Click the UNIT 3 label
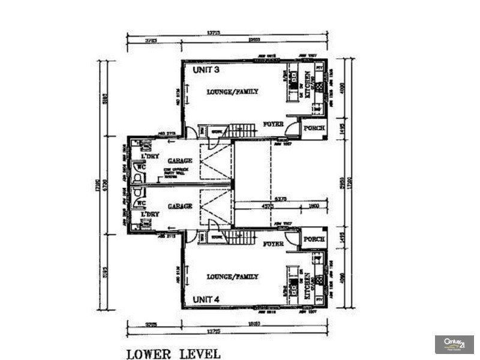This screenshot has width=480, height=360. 206,70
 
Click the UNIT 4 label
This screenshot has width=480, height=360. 206,298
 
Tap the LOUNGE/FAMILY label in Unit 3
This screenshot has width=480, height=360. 232,92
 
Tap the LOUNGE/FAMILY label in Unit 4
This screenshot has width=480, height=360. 232,277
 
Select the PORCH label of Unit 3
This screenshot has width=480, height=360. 314,128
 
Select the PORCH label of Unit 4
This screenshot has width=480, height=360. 314,239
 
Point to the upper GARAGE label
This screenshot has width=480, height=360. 180,161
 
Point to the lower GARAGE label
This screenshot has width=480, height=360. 180,206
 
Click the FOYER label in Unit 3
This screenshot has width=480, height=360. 273,124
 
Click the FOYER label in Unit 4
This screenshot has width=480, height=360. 273,244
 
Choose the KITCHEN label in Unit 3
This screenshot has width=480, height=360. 308,85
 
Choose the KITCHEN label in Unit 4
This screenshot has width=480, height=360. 308,284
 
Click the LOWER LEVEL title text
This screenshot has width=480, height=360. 173,353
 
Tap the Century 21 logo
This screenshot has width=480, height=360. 454,344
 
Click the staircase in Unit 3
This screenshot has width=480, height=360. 244,130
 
